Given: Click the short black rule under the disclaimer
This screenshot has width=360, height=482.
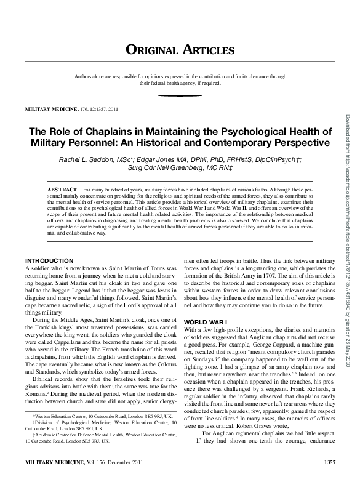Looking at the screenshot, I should tap(180, 96).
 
